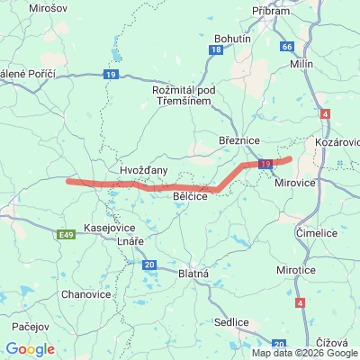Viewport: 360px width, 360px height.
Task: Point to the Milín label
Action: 301,65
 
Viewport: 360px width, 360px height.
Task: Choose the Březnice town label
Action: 238,140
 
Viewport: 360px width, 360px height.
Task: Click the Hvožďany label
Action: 143,169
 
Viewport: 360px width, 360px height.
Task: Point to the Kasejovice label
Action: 107,228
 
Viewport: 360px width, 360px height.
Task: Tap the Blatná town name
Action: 193,273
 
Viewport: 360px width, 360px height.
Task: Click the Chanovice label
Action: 86,294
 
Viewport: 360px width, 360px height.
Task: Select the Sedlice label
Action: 231,321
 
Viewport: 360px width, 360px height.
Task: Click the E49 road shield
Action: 65,235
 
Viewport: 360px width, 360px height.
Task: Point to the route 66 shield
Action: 287,46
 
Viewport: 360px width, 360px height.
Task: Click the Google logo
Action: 30,349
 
